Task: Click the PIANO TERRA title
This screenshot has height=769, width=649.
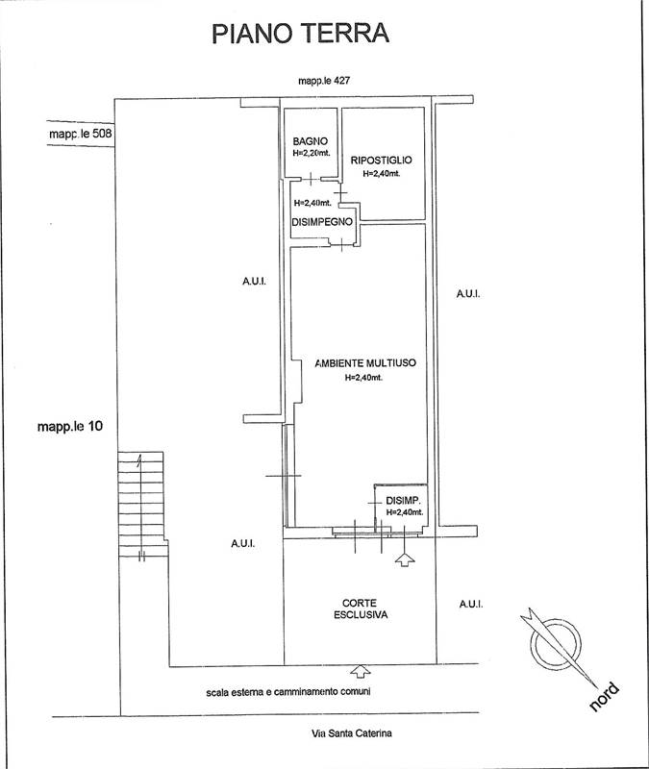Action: click(300, 34)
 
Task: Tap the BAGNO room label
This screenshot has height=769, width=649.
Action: click(310, 141)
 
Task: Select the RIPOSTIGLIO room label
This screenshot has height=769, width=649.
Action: click(381, 160)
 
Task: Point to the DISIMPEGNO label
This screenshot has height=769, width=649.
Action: click(322, 222)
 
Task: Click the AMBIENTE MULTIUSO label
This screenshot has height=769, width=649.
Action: click(365, 363)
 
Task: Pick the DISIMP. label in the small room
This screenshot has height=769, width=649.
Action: click(403, 501)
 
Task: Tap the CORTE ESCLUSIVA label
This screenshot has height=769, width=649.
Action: click(360, 608)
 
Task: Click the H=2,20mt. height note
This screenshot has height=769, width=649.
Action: click(312, 153)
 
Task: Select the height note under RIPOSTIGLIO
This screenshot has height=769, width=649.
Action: click(381, 173)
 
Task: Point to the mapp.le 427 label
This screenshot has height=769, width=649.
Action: click(324, 81)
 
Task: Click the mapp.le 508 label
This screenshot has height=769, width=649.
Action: click(81, 134)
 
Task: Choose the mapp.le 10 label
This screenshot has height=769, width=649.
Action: click(70, 426)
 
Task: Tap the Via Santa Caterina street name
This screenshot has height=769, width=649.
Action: click(352, 733)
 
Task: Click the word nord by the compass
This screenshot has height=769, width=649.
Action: click(604, 697)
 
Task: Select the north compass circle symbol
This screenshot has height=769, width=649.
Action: click(558, 642)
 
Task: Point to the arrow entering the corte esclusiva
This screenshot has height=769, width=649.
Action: click(361, 671)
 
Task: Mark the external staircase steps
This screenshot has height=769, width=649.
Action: click(141, 504)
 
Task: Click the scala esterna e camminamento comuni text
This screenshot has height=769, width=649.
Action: click(288, 692)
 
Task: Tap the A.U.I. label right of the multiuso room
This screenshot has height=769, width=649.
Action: click(468, 294)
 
